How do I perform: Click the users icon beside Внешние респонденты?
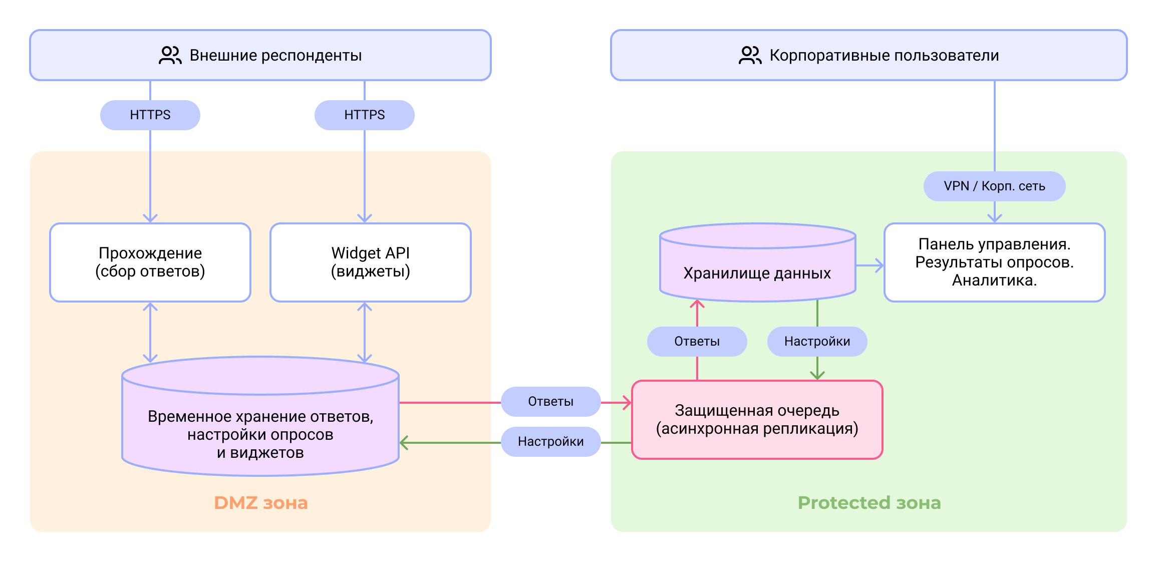click(170, 55)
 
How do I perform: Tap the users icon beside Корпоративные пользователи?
click(750, 55)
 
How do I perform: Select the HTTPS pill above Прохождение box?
click(150, 115)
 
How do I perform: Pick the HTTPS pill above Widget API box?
click(365, 115)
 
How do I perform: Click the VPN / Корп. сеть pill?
click(994, 186)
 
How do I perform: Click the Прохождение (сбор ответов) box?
click(150, 262)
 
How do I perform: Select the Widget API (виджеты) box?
click(371, 262)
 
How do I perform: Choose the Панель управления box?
click(994, 262)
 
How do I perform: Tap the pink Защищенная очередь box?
click(757, 420)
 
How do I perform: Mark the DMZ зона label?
click(260, 503)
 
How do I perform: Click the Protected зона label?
click(869, 503)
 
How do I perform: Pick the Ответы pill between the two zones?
click(550, 402)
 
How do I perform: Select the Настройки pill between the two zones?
click(550, 442)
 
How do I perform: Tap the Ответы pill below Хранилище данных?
click(697, 342)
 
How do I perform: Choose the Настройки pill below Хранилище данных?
click(817, 342)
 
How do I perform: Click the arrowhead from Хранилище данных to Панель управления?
click(879, 265)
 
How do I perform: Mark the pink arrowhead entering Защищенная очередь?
click(627, 402)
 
